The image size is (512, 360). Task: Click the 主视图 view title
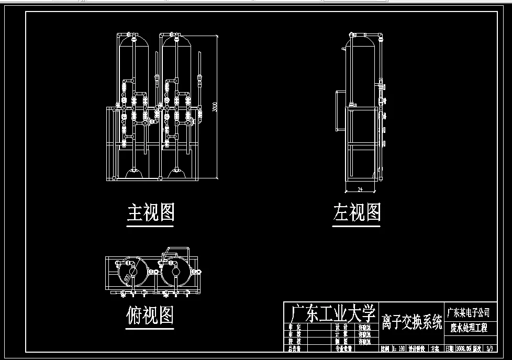click(150, 211)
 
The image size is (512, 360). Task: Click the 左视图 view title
click(357, 212)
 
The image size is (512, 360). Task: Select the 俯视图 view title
click(150, 315)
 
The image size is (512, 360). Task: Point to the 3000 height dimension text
click(214, 107)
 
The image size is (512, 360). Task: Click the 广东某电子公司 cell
click(468, 313)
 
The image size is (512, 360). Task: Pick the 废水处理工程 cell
click(468, 328)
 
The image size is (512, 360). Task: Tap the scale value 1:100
click(398, 348)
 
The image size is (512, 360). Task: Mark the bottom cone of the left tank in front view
click(135, 173)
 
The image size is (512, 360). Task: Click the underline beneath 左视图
click(357, 227)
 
